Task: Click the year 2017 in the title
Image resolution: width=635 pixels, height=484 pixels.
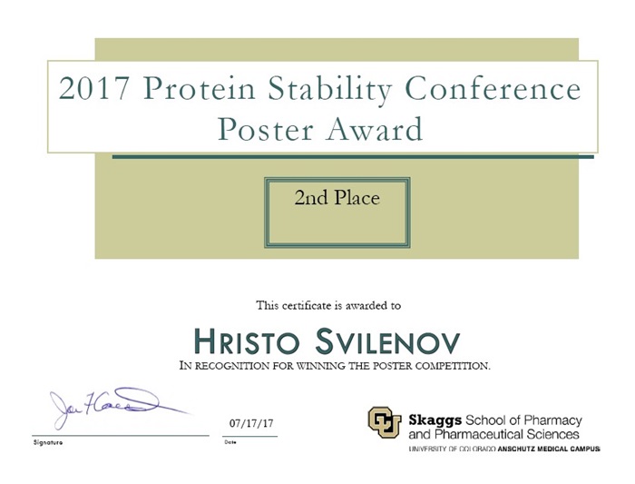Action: coord(93,88)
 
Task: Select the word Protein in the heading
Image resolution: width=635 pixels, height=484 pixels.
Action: coord(199,88)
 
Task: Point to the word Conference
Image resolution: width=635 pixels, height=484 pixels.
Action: coord(493,88)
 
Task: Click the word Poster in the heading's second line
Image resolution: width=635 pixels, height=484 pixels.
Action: coord(266,129)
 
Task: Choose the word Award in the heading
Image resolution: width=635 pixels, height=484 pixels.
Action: coord(375,129)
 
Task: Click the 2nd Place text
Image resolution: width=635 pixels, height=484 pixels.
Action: coord(337,198)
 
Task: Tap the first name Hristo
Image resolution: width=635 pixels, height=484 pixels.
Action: coord(246,341)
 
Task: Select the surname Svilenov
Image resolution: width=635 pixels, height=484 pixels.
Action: coord(387,341)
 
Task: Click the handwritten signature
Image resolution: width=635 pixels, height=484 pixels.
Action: coord(117,407)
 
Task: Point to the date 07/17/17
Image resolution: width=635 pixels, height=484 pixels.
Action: coord(251,423)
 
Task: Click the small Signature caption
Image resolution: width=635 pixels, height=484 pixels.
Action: coord(48,442)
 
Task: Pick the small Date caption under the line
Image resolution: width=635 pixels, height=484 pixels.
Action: coord(230,442)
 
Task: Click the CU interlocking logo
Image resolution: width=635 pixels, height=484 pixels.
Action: coord(384,422)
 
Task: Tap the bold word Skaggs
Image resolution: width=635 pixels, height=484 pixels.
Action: coord(435,420)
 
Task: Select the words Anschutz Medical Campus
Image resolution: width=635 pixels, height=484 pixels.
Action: coord(548,449)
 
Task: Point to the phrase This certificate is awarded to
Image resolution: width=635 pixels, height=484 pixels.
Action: coord(328,305)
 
